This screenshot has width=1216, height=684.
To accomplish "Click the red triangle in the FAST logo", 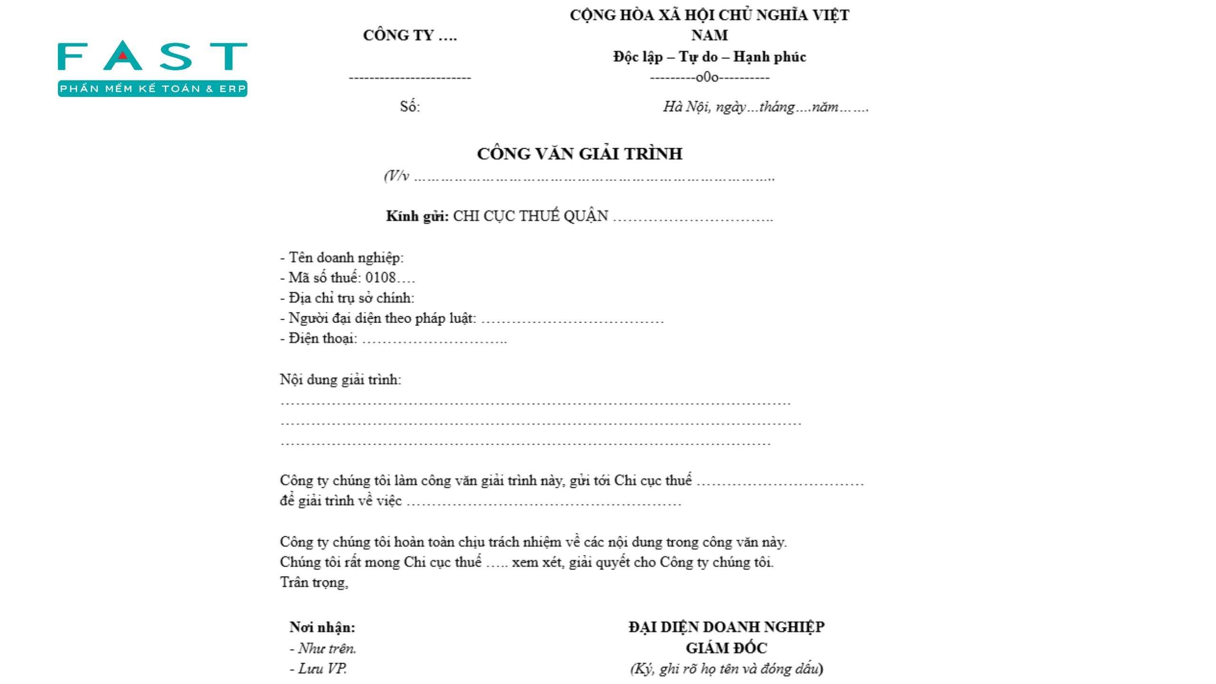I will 123,55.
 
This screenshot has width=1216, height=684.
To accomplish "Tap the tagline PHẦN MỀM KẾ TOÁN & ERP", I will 152,89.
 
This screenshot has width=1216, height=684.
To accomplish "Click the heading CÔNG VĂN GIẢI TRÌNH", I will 579,154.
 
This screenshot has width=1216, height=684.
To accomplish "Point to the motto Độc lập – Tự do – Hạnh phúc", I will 709,57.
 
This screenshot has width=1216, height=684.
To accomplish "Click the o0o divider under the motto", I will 707,77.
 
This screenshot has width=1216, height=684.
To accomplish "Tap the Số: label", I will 409,106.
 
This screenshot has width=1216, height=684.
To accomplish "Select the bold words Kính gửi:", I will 417,216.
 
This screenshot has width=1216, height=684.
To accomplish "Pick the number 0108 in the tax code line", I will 380,277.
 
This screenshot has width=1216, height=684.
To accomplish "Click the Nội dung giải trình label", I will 341,380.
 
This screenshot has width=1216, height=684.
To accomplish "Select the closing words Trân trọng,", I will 314,582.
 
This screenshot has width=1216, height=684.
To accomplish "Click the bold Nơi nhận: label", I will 323,627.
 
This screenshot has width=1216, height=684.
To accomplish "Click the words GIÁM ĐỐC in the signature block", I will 726,648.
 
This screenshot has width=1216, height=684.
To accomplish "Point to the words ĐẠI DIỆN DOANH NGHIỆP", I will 726,627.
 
